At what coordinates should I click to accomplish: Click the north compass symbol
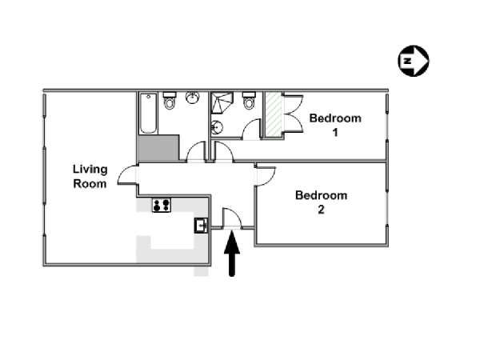coord(414,61)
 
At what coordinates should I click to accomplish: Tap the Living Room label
coord(90,176)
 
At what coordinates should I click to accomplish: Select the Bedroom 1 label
coord(335,125)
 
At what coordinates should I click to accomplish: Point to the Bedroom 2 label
coord(321,202)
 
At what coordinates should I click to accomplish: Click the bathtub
coord(149,114)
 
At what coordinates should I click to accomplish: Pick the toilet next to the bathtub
coord(170,100)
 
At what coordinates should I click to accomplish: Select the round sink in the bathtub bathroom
coord(192,98)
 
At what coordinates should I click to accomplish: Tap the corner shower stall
coord(222,103)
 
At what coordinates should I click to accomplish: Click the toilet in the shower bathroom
coord(249,100)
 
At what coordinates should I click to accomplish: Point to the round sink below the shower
coord(217,127)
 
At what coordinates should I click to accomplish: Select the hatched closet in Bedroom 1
coord(273,114)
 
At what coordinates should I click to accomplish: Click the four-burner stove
coord(162,205)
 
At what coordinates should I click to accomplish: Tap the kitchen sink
coord(202,226)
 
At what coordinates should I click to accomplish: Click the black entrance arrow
coord(232,254)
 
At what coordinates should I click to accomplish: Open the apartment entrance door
coord(232,218)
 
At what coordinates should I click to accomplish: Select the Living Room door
coord(127,174)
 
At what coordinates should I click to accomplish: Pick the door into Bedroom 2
coord(266,176)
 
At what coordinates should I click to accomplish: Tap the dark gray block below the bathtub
coord(158,148)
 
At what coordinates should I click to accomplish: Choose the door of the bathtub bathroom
coord(196,151)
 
